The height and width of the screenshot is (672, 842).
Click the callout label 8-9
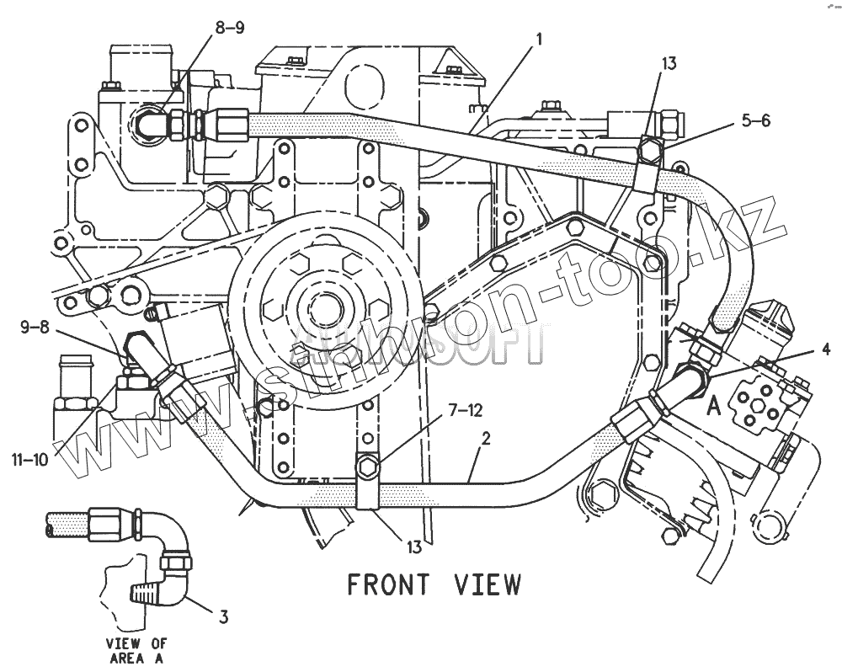pyautogui.click(x=229, y=28)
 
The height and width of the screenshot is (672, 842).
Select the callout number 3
pyautogui.click(x=223, y=617)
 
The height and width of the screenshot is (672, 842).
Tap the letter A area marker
pyautogui.click(x=713, y=407)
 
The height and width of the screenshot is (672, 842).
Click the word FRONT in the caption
pyautogui.click(x=388, y=584)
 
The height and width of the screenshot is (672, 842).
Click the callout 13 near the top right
pyautogui.click(x=669, y=63)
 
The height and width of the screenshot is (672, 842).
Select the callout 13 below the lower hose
pyautogui.click(x=414, y=547)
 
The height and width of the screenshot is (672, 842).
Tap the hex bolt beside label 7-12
pyautogui.click(x=367, y=466)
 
